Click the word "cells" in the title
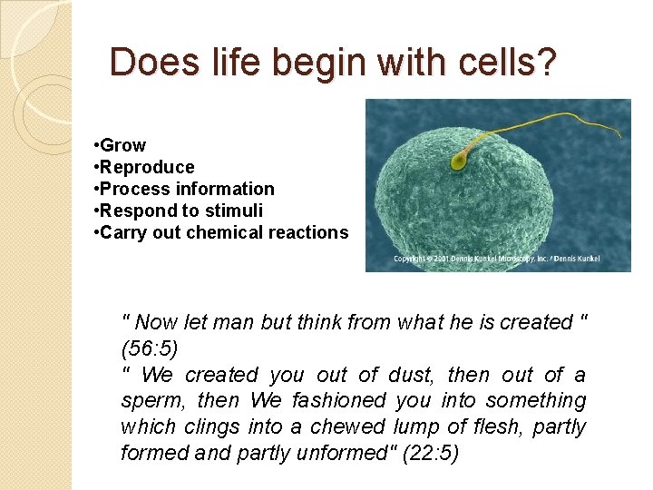(x=489, y=63)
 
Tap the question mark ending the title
(x=547, y=63)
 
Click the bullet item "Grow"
(x=122, y=145)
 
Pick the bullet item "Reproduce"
(x=147, y=167)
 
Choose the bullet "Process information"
(x=187, y=189)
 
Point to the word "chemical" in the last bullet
(x=228, y=232)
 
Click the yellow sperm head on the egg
(x=460, y=162)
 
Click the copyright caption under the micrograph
(x=496, y=260)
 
